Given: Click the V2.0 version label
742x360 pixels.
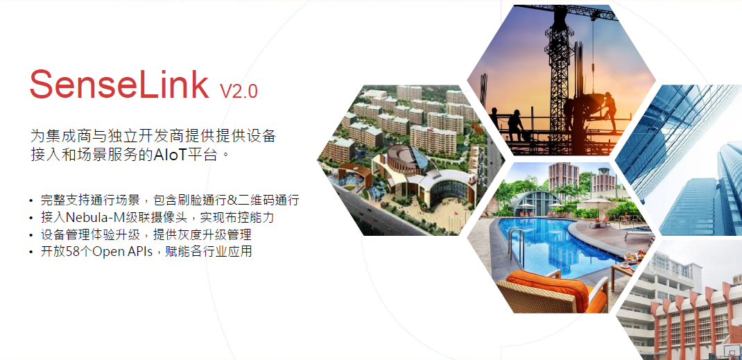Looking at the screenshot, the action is (x=239, y=91).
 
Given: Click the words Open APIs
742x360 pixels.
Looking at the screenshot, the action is (x=122, y=252).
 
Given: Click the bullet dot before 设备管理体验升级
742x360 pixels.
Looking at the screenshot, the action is (x=31, y=235).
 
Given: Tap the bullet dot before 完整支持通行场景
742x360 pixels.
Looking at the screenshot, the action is (x=31, y=201).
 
